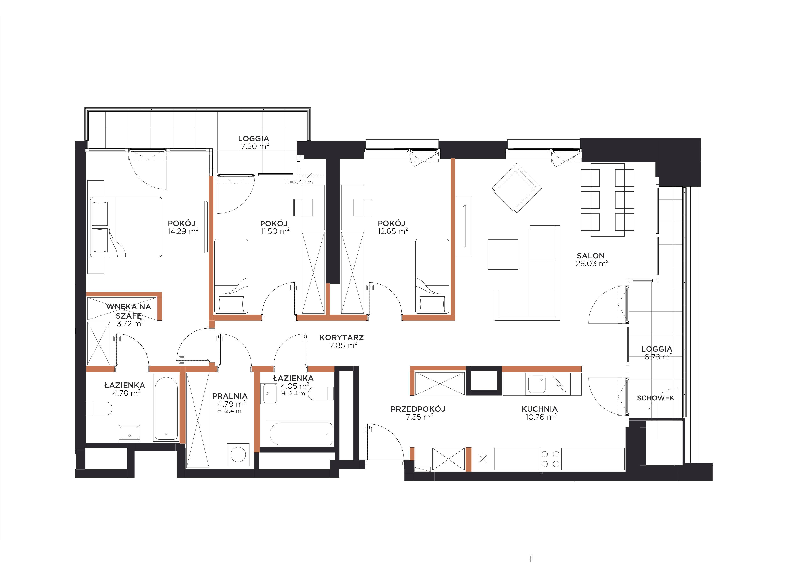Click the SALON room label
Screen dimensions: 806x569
coord(591,256)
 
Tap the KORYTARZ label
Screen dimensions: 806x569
coord(342,337)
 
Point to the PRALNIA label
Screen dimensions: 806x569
coord(230,396)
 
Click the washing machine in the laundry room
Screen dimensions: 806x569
coord(239,455)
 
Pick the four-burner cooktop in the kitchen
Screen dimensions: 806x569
coord(550,459)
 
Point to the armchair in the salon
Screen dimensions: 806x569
coord(517,188)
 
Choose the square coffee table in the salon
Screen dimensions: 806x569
coord(503,254)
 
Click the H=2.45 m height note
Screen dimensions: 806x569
coord(299,182)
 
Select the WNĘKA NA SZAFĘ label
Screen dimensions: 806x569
coord(129,311)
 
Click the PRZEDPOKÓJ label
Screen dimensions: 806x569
coord(418,409)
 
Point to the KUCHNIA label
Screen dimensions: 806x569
coord(539,409)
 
